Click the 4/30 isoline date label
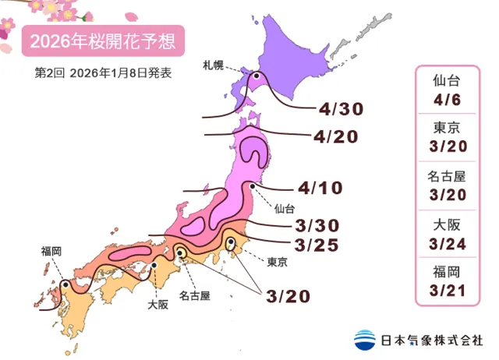pyautogui.click(x=338, y=108)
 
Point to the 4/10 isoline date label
pyautogui.click(x=320, y=188)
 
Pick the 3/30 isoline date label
pyautogui.click(x=317, y=225)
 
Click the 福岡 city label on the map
pyautogui.click(x=52, y=251)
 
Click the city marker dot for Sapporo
pyautogui.click(x=256, y=76)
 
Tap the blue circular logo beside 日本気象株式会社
pyautogui.click(x=363, y=340)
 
